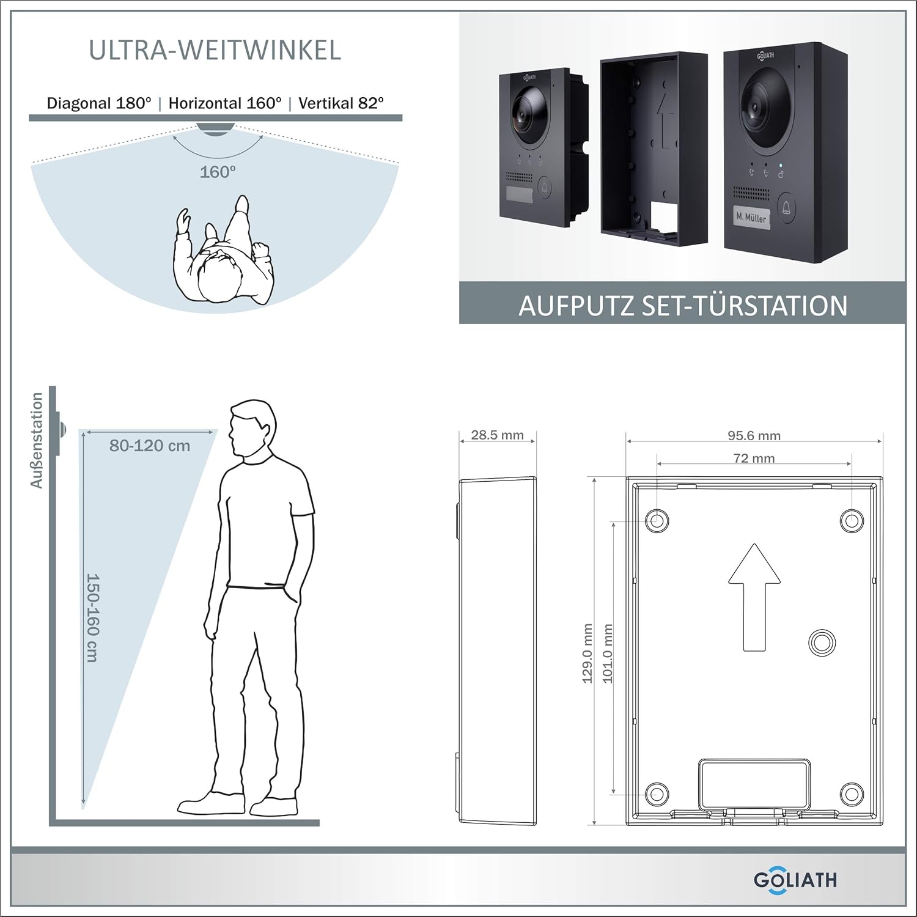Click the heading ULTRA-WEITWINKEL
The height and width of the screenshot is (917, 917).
[x=215, y=50]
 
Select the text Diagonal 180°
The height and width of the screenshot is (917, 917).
[x=99, y=103]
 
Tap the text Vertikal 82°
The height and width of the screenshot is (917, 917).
[x=341, y=103]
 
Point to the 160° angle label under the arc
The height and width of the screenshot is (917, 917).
[x=218, y=172]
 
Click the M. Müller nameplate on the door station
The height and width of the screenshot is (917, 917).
[x=751, y=217]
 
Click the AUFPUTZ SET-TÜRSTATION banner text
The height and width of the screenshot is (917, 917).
[x=683, y=306]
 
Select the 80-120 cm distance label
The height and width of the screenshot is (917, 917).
[x=150, y=446]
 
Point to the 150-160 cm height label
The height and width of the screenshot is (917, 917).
[x=92, y=617]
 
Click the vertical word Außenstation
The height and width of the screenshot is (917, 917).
[x=37, y=440]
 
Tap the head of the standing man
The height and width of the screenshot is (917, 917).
[x=250, y=428]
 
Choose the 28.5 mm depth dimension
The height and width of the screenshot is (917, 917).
[x=497, y=435]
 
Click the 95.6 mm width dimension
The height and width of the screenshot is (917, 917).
[x=754, y=435]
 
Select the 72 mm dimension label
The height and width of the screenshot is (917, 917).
[x=754, y=458]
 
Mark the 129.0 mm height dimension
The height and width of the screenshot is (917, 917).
[x=588, y=654]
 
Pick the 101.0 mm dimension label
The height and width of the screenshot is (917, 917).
[x=608, y=654]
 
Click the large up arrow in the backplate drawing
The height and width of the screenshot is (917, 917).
[x=754, y=597]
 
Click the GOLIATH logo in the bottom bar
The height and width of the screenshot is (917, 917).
[x=795, y=880]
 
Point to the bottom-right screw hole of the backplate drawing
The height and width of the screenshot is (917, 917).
[x=851, y=794]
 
